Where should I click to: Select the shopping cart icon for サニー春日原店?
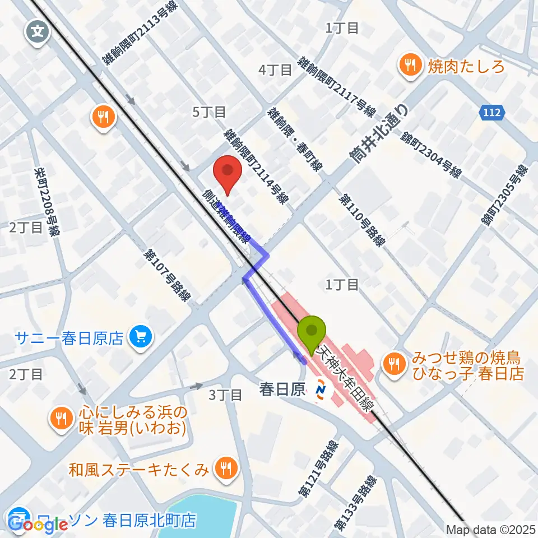tap(140, 337)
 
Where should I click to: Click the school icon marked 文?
tap(38, 31)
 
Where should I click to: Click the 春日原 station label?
tap(282, 389)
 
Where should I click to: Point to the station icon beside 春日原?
tap(322, 388)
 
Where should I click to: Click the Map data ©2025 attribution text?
tap(491, 530)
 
